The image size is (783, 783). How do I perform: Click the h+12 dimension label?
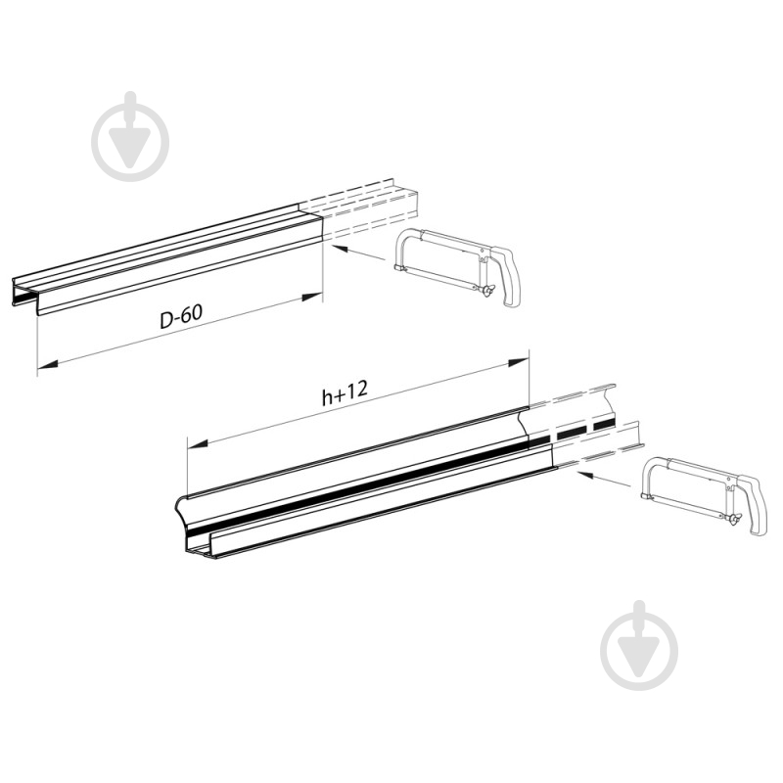[x=345, y=392]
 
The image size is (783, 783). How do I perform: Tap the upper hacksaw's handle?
[x=506, y=276]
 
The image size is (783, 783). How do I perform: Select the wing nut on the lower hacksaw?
[x=733, y=521]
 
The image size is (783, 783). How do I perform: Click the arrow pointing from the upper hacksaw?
[x=358, y=253]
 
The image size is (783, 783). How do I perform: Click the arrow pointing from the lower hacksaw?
[x=604, y=478]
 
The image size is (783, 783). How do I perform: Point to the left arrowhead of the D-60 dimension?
[x=47, y=365]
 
